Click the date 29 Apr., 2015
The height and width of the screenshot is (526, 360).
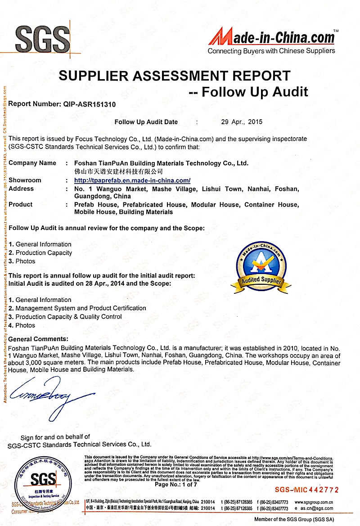tap(242, 121)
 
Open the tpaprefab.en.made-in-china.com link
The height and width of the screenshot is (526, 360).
tap(132, 180)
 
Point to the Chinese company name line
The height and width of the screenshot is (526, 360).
tap(118, 171)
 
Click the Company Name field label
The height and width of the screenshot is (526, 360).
tap(32, 163)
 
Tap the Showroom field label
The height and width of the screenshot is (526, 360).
tap(25, 180)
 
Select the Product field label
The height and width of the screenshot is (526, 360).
tap(21, 204)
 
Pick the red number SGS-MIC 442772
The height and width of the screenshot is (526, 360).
tap(306, 490)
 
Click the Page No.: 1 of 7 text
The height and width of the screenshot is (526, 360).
tap(175, 485)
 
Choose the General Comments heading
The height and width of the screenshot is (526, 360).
tap(39, 339)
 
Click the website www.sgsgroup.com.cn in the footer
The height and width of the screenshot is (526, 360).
tap(313, 502)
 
